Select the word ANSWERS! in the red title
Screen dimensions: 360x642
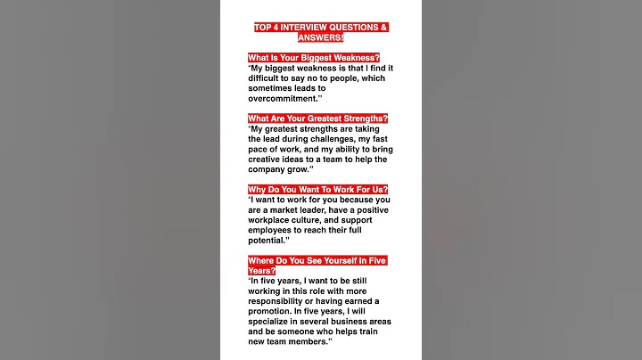320,37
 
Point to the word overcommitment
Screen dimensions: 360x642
283,98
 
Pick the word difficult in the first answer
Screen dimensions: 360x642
268,78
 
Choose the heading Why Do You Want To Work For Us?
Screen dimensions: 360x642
317,190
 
